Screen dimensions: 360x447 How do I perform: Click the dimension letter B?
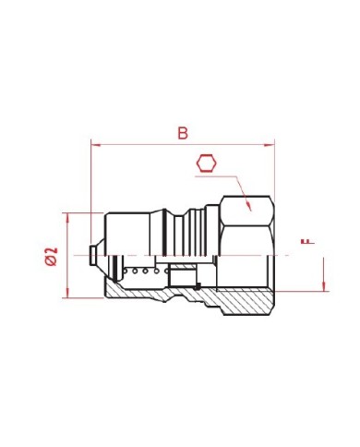pyautogui.click(x=183, y=133)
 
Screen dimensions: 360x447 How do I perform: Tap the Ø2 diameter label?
pyautogui.click(x=51, y=256)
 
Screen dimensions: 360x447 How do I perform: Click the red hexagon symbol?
pyautogui.click(x=207, y=163)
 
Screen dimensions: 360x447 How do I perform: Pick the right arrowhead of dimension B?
pyautogui.click(x=270, y=145)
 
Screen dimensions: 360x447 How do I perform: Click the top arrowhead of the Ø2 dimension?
pyautogui.click(x=68, y=218)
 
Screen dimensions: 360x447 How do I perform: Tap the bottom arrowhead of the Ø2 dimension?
pyautogui.click(x=68, y=293)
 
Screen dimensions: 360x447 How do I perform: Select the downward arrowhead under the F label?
pyautogui.click(x=324, y=286)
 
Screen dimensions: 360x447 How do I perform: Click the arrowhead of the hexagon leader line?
pyautogui.click(x=248, y=206)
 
